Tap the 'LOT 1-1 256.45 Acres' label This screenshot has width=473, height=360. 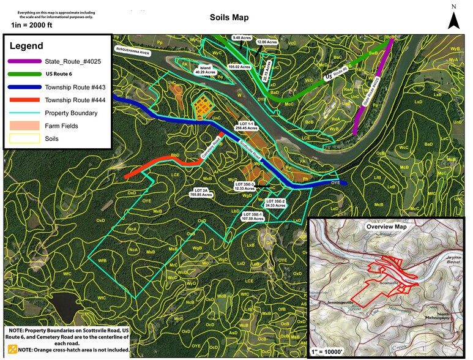pos(250,126)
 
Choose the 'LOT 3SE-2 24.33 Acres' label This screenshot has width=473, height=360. pos(276,203)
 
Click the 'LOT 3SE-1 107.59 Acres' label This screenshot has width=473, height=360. pos(253,216)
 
